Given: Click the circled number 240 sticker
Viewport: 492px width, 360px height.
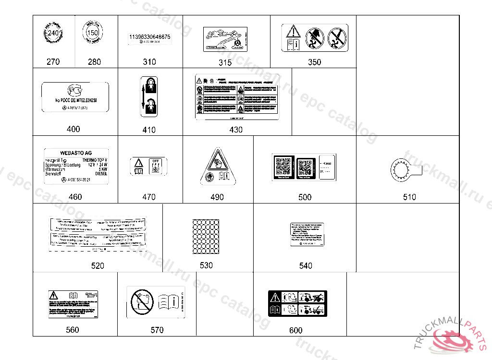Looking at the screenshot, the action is [x=53, y=33].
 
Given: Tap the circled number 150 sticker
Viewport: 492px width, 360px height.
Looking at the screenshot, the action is [x=95, y=33].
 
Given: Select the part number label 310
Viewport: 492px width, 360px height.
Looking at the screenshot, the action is [x=149, y=62].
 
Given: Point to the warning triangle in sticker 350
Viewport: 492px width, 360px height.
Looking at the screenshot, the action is [x=293, y=32].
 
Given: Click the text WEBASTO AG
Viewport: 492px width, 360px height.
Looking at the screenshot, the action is [x=75, y=153].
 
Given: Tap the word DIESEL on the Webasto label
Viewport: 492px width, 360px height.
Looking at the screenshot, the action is [x=101, y=174].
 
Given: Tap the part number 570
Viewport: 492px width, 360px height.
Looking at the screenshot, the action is [x=157, y=330].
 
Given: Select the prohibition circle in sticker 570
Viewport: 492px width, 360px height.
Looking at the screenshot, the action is [x=140, y=302].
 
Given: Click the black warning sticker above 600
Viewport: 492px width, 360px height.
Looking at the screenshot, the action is [x=296, y=303].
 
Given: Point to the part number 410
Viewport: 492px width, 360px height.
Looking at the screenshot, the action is [x=149, y=130].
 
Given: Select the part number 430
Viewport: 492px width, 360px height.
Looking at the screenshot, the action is [x=236, y=130].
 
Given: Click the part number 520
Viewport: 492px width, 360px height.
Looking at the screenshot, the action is [x=98, y=265].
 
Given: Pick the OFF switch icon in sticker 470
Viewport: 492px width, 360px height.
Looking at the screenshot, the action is [x=155, y=166].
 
